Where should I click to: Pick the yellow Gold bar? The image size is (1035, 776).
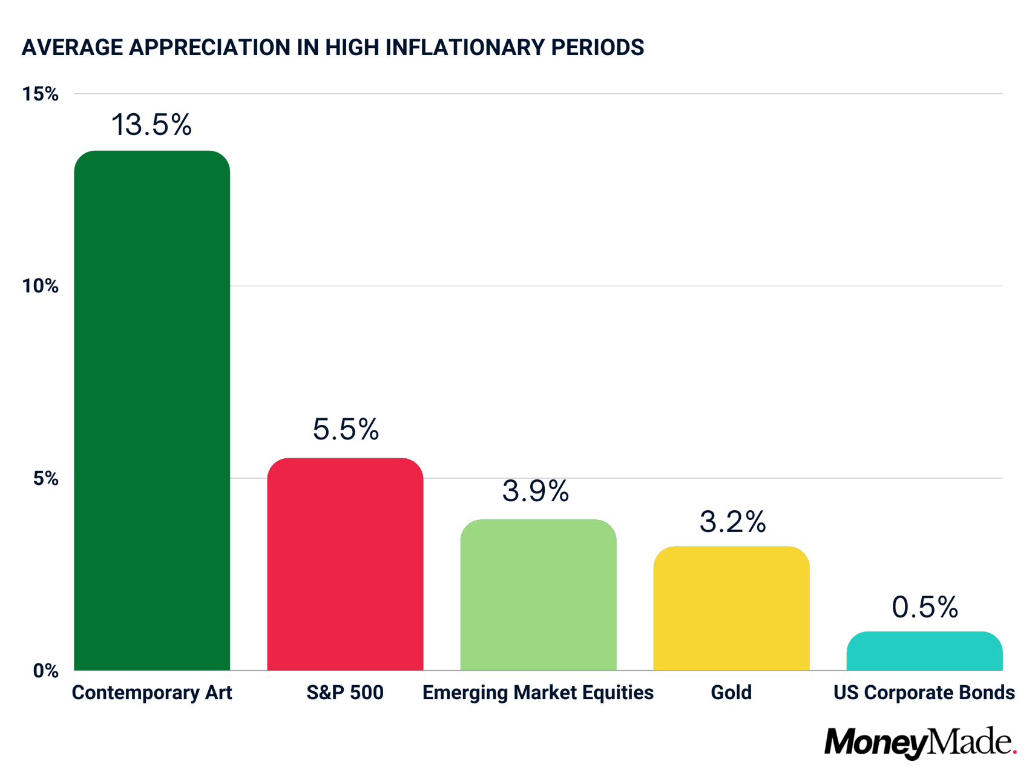[x=731, y=608]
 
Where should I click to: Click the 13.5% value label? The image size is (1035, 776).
[x=151, y=125]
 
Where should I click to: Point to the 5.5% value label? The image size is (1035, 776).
[x=346, y=429]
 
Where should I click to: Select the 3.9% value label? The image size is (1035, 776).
[x=536, y=491]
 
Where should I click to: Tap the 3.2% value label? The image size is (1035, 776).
[x=732, y=522]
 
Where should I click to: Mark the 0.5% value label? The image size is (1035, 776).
[x=925, y=607]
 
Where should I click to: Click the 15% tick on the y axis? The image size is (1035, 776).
[x=40, y=94]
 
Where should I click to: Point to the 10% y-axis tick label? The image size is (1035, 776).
[x=40, y=286]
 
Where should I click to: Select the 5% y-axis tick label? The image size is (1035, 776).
[x=45, y=479]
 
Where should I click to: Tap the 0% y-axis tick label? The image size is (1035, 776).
[x=45, y=671]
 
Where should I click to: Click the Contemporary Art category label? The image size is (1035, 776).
[x=152, y=692]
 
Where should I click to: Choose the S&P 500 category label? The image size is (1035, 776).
[x=345, y=692]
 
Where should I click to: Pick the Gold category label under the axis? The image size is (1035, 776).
[x=731, y=692]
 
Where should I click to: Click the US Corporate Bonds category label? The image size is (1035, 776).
[x=924, y=692]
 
